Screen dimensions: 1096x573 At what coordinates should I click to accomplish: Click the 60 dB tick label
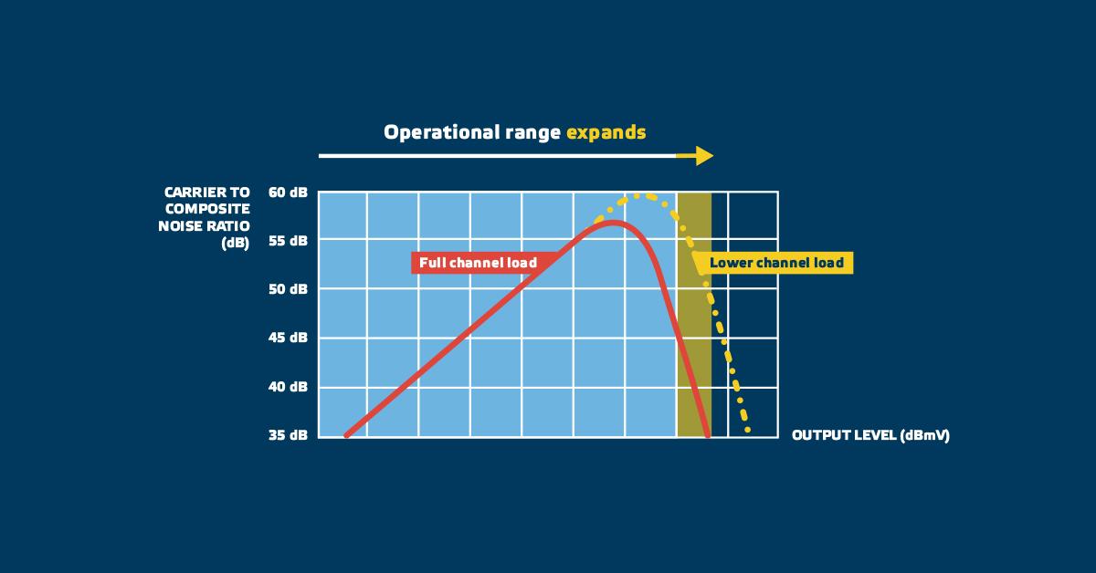pos(288,193)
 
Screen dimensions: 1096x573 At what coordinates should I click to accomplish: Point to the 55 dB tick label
pos(288,241)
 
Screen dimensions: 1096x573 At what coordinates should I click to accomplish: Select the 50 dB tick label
pos(288,289)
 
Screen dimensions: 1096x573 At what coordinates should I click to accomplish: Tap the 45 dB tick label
pos(288,338)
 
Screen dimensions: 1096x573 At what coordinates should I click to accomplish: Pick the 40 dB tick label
pos(288,387)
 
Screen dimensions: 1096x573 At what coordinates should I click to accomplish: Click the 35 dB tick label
pos(288,435)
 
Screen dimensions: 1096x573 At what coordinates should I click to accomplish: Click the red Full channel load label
pos(478,263)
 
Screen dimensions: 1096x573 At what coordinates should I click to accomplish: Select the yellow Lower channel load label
pos(776,263)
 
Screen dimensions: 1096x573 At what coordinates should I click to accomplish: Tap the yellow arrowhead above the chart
pos(703,156)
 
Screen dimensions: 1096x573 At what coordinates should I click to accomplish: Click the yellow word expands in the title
pos(606,133)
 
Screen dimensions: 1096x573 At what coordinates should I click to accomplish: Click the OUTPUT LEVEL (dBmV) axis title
pos(870,435)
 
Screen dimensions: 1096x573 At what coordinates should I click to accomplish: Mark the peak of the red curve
pos(613,223)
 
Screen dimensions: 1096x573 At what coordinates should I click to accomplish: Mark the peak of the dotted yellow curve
pos(638,195)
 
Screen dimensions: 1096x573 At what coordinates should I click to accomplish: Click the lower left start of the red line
pos(346,435)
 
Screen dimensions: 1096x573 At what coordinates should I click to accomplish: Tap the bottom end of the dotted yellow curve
pos(748,431)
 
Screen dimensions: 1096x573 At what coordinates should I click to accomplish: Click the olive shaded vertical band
pos(694,315)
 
